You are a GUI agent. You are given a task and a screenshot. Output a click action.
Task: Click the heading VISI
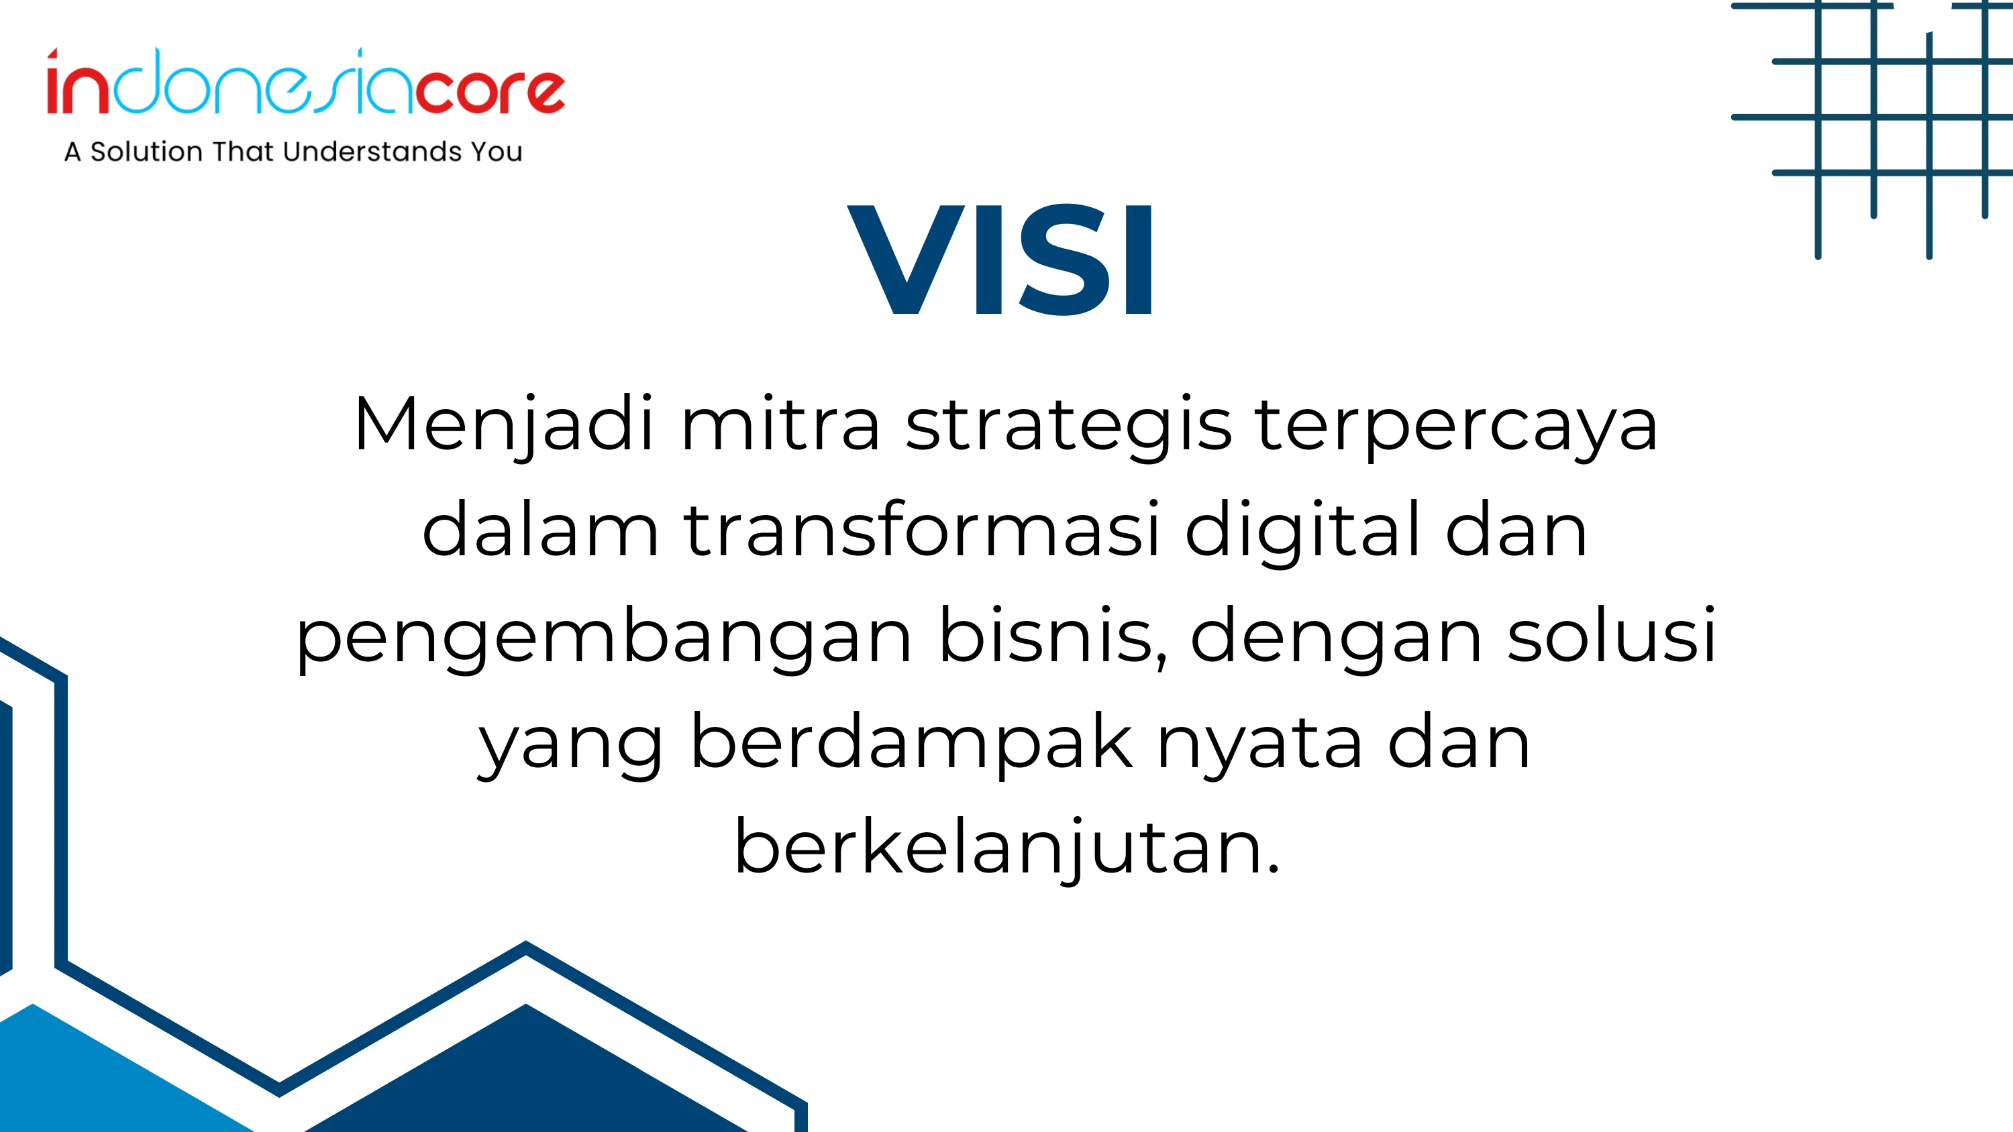(1000, 260)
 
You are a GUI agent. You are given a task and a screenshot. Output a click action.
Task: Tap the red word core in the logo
(490, 91)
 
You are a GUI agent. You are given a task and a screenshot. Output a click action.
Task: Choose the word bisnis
(1053, 636)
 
